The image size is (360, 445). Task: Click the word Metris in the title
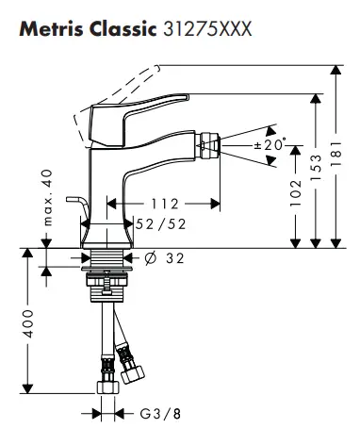coord(52,29)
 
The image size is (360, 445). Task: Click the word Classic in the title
coord(123,29)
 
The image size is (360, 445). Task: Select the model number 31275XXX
coord(207,29)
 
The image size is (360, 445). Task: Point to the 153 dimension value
coord(316,168)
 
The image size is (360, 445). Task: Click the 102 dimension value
coord(296,192)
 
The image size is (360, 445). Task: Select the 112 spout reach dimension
coord(165,204)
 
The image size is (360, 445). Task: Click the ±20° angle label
coord(270,144)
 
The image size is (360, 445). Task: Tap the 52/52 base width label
coord(160,224)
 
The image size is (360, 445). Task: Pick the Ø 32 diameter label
coord(164,258)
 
